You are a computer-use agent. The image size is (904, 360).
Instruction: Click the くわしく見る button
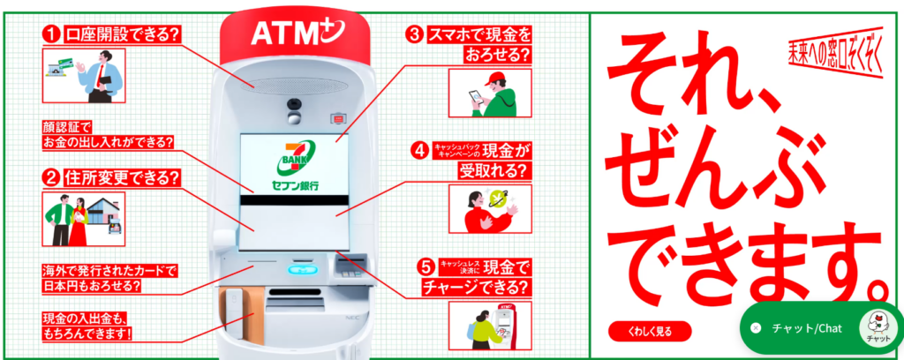click(x=649, y=331)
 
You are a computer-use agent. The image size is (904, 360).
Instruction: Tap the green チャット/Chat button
click(x=821, y=328)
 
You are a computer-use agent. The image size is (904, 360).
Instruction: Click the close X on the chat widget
click(x=756, y=328)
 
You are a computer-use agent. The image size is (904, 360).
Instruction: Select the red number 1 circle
click(x=52, y=34)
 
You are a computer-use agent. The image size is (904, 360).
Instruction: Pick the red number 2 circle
click(x=52, y=178)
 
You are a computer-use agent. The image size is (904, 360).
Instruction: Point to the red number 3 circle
click(x=415, y=35)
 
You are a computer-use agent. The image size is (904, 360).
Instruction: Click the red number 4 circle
click(x=419, y=151)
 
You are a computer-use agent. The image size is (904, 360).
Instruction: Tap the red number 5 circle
click(x=426, y=267)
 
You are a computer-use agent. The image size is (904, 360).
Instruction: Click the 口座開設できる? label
click(x=122, y=34)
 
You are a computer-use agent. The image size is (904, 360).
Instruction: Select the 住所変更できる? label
click(x=122, y=178)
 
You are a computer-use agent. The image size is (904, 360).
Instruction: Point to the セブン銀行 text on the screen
click(x=295, y=186)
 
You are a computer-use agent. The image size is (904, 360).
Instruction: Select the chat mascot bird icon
click(x=877, y=326)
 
